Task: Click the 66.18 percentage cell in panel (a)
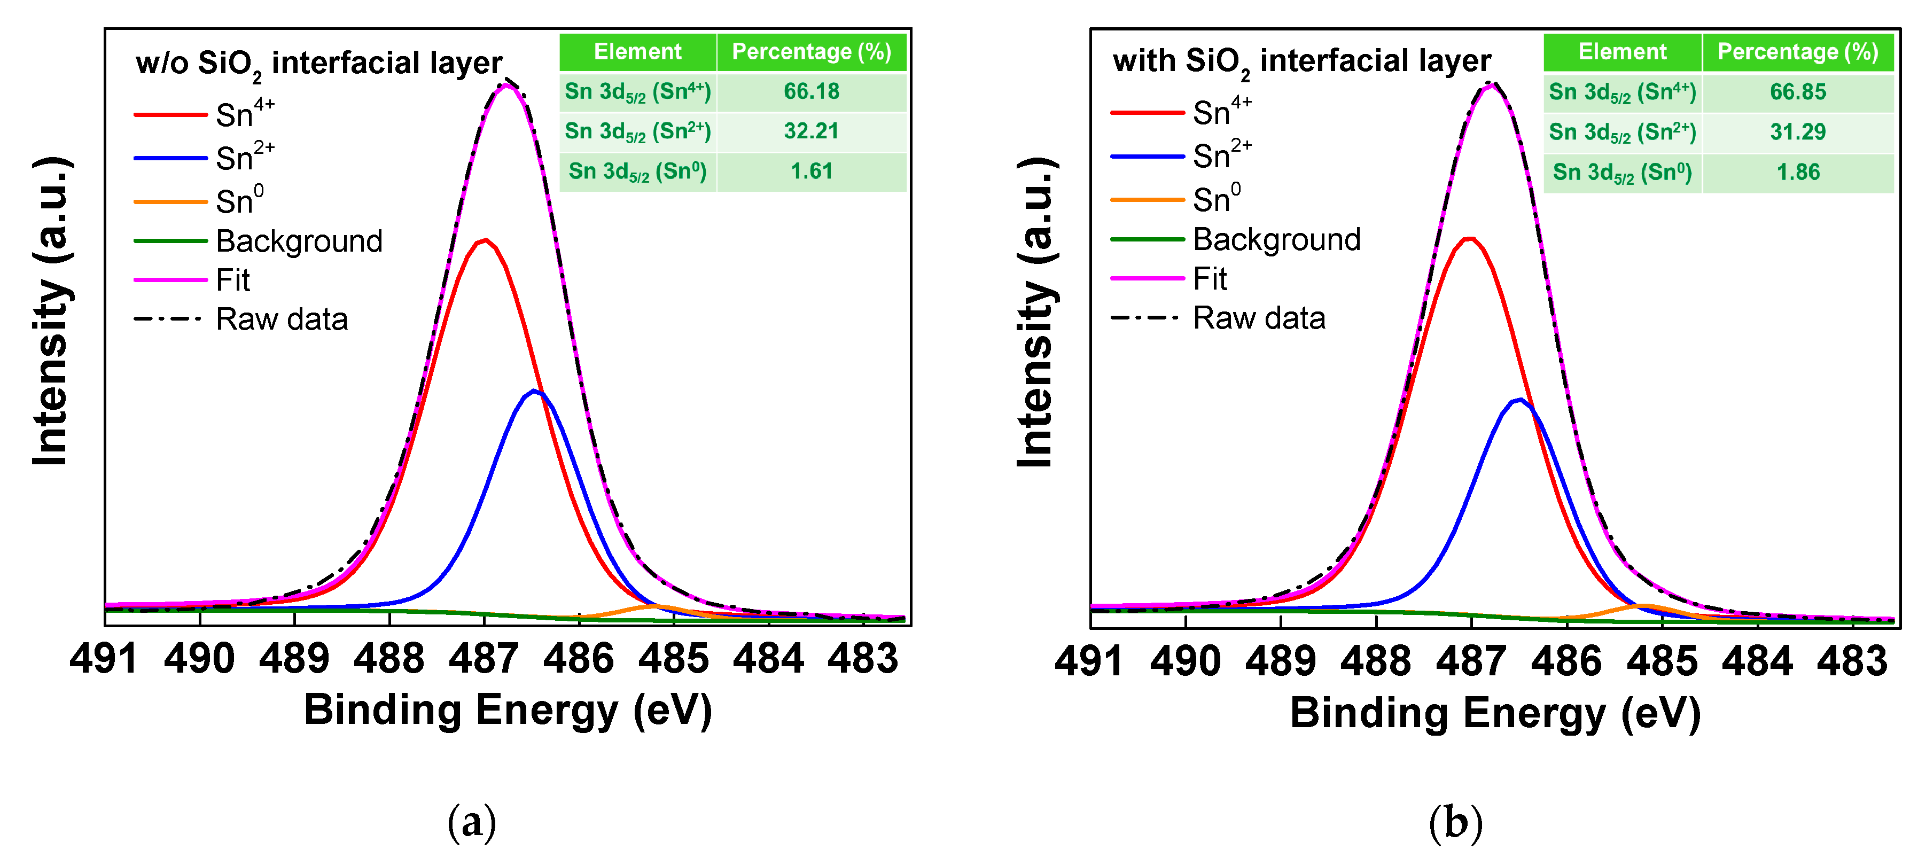point(811,91)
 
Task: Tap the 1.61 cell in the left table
point(811,171)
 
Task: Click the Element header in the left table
point(637,51)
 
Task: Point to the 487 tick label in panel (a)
point(484,658)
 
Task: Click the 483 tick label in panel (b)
point(1852,660)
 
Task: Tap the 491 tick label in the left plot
point(104,658)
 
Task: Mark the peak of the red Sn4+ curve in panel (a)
point(486,240)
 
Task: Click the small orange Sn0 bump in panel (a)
point(654,606)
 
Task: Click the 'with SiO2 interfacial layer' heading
point(1301,61)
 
